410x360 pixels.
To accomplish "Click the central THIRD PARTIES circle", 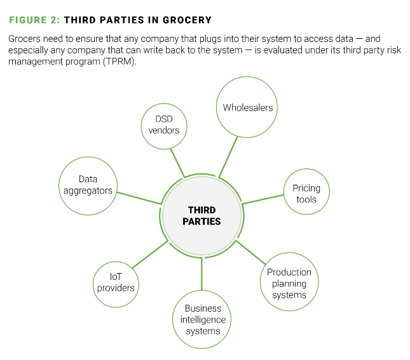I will [202, 216].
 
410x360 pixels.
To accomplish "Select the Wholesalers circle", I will [247, 107].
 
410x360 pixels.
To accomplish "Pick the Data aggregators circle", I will [88, 185].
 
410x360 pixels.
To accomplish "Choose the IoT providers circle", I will [116, 281].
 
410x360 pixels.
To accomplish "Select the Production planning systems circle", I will [289, 283].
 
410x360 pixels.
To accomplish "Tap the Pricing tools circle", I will [306, 193].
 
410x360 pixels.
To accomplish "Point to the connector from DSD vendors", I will [178, 164].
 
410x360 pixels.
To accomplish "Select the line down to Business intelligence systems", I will [202, 272].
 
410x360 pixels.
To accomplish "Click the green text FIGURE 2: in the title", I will [34, 20].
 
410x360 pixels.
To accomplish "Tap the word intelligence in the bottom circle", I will [203, 320].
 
